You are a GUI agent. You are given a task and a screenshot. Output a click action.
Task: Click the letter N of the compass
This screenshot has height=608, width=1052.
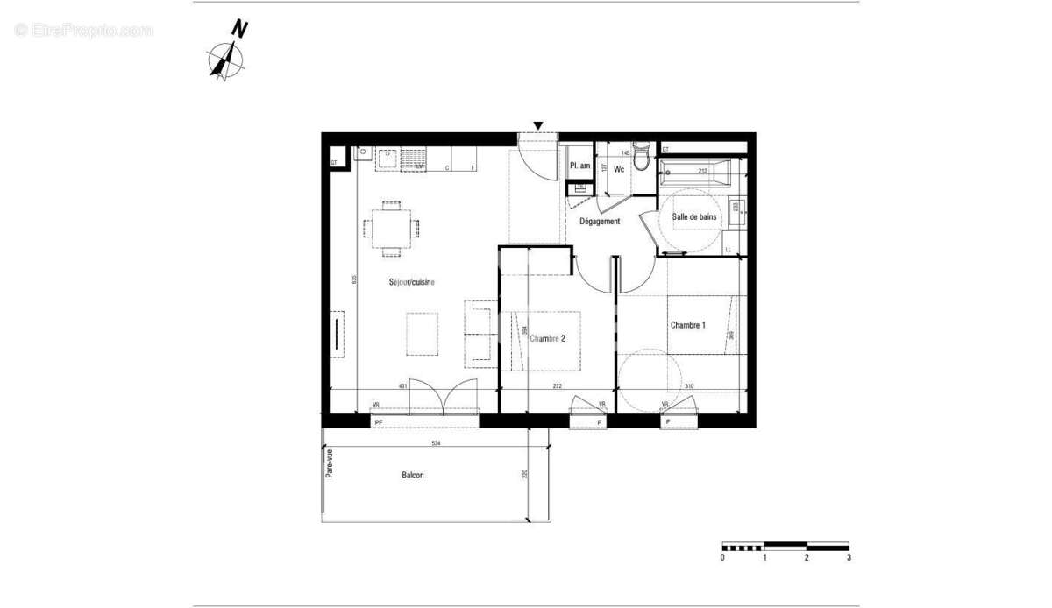click(x=238, y=28)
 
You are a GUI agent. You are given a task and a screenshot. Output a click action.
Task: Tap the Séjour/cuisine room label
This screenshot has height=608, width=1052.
click(x=412, y=282)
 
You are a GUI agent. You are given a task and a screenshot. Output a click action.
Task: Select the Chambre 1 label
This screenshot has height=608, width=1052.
click(x=688, y=325)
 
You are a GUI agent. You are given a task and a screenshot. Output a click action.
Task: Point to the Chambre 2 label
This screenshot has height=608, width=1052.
click(x=547, y=339)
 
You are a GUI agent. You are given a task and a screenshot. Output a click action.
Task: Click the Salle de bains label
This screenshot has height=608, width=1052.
click(x=694, y=216)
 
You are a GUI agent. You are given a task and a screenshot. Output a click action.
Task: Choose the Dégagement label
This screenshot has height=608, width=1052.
click(x=600, y=222)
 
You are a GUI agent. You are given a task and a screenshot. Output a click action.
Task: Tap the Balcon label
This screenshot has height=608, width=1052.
click(x=413, y=476)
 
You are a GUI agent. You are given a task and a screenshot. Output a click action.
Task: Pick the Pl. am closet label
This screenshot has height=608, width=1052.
click(x=579, y=166)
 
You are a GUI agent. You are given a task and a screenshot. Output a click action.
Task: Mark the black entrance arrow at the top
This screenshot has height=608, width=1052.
click(x=538, y=125)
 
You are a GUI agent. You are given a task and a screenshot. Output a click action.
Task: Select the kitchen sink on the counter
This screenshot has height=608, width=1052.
click(x=387, y=159)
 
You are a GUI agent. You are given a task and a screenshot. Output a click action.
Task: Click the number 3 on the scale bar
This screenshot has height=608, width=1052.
click(x=848, y=557)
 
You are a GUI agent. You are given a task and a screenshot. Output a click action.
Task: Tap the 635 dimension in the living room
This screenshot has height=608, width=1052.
click(x=353, y=279)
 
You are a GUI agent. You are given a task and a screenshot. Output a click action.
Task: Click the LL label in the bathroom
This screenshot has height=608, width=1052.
click(x=728, y=250)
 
